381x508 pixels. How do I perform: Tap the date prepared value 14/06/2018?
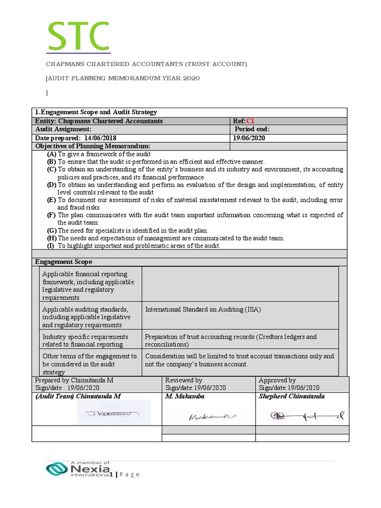(x=101, y=138)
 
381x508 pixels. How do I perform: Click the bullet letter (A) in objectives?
(x=52, y=154)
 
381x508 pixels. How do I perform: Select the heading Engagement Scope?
(x=63, y=262)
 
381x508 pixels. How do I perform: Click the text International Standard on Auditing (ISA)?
(x=203, y=309)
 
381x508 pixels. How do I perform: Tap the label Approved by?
(x=277, y=380)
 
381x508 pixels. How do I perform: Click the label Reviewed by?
(x=184, y=380)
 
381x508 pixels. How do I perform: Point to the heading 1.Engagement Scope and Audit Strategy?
(x=96, y=112)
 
